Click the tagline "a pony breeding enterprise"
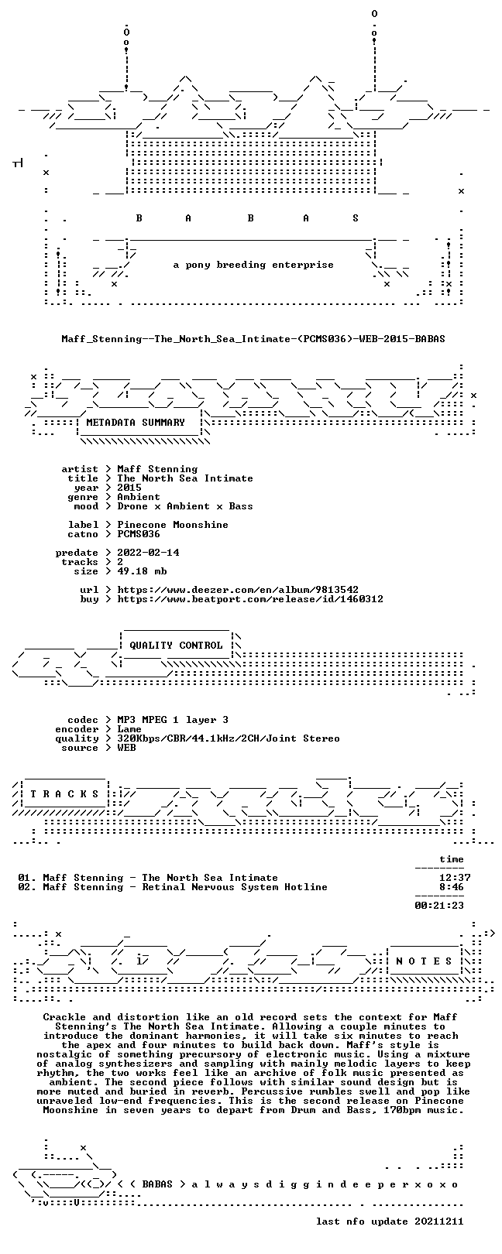pos(253,265)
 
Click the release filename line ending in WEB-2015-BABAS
pos(253,339)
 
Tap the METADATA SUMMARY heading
pos(136,423)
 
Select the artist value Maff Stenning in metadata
pos(157,469)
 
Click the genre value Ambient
pos(139,497)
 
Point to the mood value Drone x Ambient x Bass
pos(185,506)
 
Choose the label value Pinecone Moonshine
pos(173,525)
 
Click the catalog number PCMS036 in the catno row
pos(139,534)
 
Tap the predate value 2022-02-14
pos(149,553)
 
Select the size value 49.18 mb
pos(142,571)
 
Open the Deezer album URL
pos(238,590)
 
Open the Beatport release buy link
pos(250,599)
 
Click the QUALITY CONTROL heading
pos(176,646)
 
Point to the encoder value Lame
pos(129,729)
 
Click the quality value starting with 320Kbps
pos(229,738)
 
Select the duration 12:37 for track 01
pos(455,878)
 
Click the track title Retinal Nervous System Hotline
pos(235,887)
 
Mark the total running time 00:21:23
pos(439,905)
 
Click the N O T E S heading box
pos(424,961)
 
